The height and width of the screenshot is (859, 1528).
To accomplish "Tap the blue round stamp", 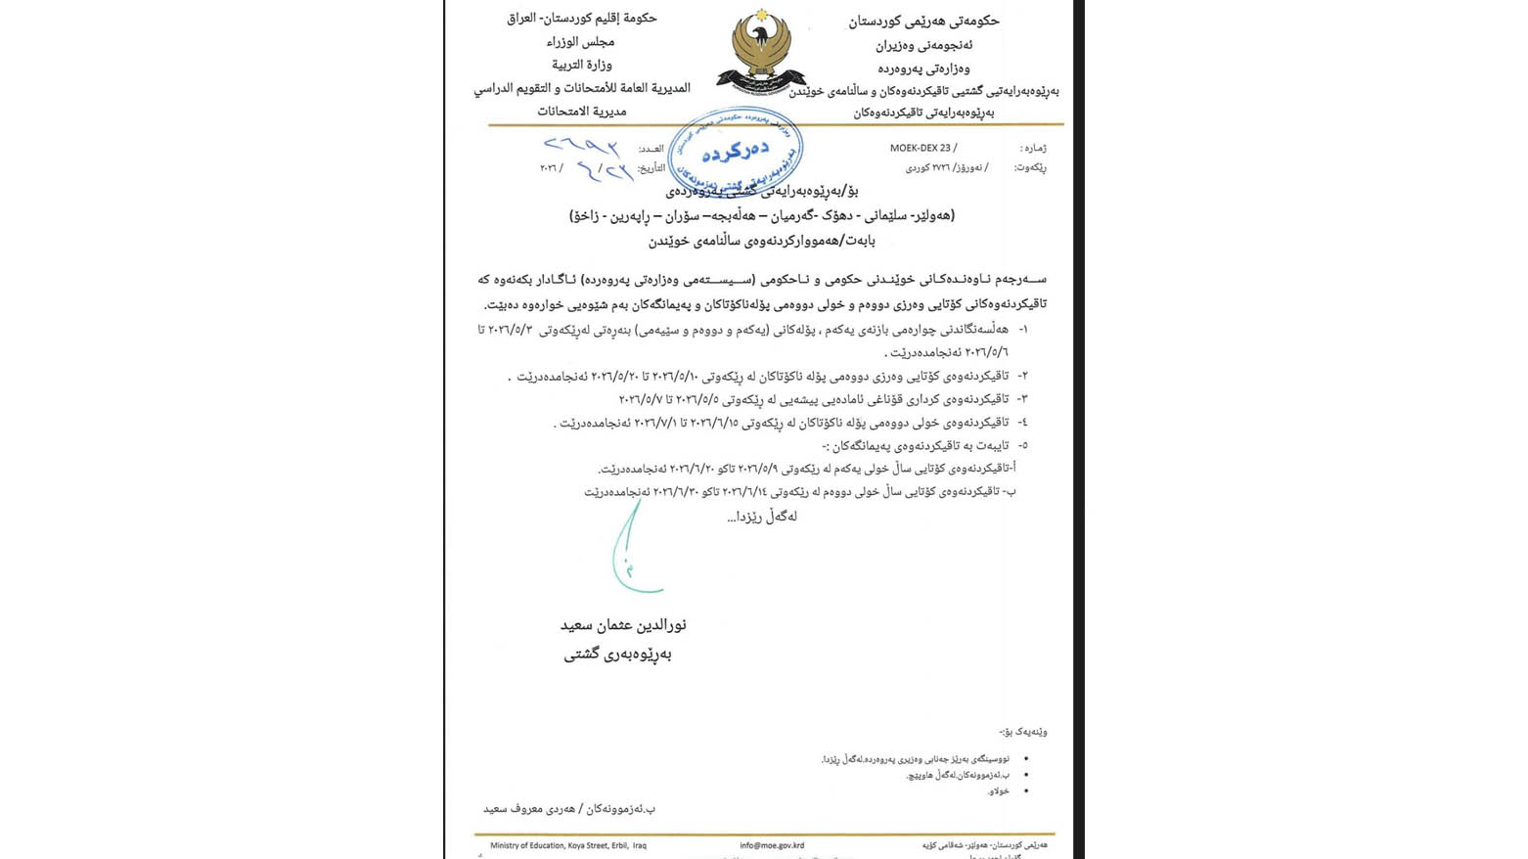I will [736, 153].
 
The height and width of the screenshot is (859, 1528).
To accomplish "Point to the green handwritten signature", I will [632, 549].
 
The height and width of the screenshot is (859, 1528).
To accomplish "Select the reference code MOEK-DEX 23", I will [921, 148].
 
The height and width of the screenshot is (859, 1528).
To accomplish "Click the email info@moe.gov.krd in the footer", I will [772, 845].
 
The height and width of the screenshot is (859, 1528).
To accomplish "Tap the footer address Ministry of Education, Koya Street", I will [567, 845].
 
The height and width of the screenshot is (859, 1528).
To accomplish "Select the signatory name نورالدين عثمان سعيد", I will [623, 624].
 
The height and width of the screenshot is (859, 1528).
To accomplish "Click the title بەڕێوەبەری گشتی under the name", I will [617, 655].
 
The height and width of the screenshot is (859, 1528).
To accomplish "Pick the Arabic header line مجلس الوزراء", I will [581, 42].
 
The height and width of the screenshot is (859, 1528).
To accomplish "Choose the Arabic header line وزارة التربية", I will [582, 65].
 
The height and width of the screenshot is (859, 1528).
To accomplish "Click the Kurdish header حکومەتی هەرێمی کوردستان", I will [923, 21].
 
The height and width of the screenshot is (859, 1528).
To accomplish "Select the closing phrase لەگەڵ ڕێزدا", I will [762, 517].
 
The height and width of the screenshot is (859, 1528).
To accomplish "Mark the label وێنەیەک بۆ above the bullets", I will [1023, 732].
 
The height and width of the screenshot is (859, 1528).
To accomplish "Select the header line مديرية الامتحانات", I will [581, 112].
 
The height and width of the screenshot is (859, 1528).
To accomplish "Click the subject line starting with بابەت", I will [762, 240].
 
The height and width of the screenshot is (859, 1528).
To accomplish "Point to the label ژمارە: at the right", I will [1033, 148].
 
